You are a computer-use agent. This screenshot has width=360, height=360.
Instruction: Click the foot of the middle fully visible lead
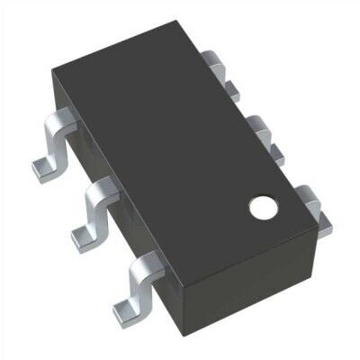coord(82,236)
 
